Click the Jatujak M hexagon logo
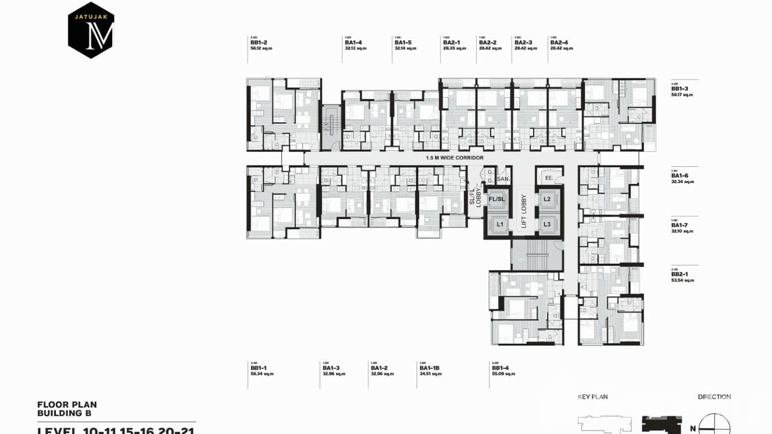(x=91, y=30)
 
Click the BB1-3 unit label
(x=680, y=89)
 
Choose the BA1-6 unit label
(x=680, y=176)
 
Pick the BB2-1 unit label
(x=680, y=275)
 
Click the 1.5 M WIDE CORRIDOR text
(x=454, y=158)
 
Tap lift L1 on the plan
(x=500, y=223)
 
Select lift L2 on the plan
(x=547, y=199)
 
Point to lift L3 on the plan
(x=547, y=224)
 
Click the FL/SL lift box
(x=496, y=199)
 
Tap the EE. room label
(x=548, y=178)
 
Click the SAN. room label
(x=503, y=179)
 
